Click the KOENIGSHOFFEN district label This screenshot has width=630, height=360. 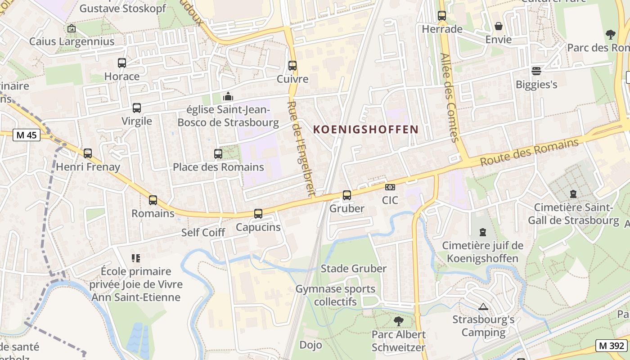click(366, 130)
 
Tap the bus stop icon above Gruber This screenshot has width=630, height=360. click(346, 195)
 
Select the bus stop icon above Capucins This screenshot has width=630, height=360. click(258, 214)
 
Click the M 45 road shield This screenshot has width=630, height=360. click(27, 135)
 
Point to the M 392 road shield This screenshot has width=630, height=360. click(612, 346)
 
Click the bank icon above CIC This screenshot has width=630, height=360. click(390, 187)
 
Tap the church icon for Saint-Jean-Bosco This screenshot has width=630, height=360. click(228, 97)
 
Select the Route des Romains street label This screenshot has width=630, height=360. click(529, 153)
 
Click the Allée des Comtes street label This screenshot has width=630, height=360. click(450, 98)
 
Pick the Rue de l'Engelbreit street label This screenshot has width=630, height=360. click(300, 148)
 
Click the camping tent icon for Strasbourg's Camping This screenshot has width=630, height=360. click(483, 307)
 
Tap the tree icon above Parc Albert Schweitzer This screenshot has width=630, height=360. click(398, 321)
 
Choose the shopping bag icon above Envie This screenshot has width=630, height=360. click(499, 27)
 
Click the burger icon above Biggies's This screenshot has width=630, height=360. click(536, 71)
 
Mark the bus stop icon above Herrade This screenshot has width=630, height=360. click(442, 16)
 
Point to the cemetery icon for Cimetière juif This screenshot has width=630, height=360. click(483, 232)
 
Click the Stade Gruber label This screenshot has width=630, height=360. click(353, 269)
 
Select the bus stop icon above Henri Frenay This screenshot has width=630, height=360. click(88, 153)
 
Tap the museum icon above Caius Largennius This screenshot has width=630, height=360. click(72, 29)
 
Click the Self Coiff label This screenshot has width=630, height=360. click(203, 233)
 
